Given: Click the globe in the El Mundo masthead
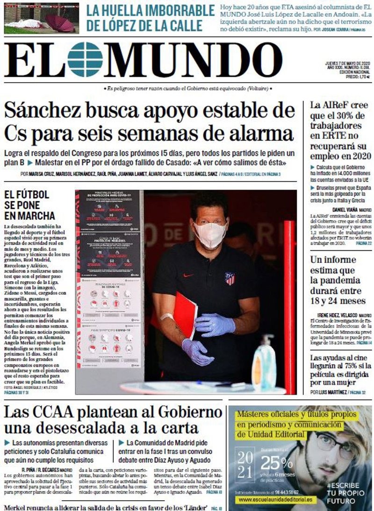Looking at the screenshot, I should coord(85,59).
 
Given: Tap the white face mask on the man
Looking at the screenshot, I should coord(210,234).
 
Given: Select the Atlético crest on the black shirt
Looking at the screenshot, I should coord(230,279).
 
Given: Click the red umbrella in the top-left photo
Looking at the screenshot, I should coord(59,22).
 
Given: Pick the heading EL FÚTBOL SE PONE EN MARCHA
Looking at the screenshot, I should coord(29,205).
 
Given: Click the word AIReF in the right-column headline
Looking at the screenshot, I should coord(333,105).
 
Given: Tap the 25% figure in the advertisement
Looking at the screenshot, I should coord(276,462).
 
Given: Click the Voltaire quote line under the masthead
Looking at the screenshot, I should coord(187,89).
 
